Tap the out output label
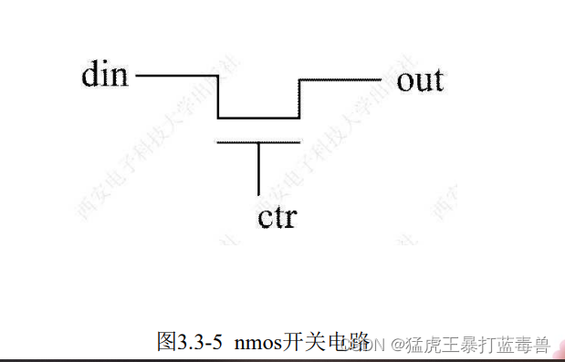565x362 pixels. (420, 80)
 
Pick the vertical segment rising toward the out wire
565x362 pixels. (300, 98)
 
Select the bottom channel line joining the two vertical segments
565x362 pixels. (259, 118)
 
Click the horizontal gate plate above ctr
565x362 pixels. (259, 141)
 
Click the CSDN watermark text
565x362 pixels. (368, 345)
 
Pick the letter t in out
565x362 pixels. (436, 81)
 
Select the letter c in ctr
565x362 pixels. (266, 220)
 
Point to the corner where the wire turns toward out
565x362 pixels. (300, 79)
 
